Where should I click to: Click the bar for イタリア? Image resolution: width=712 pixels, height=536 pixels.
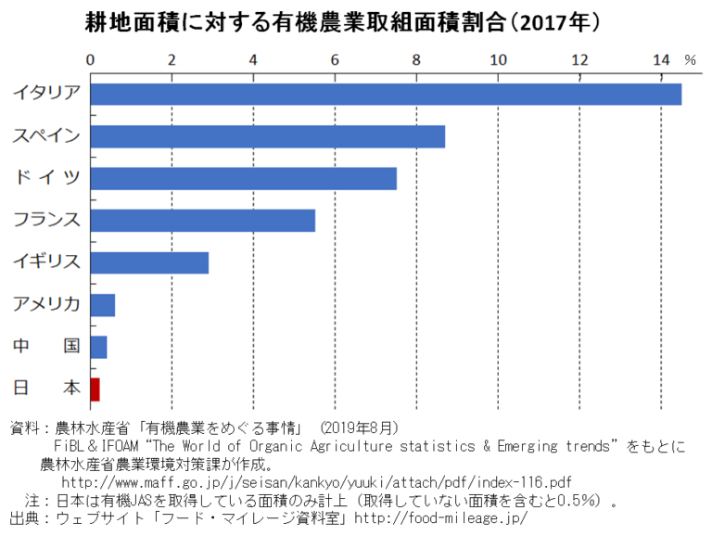pos(386,94)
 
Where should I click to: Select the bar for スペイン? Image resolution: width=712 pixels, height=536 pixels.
pos(267,136)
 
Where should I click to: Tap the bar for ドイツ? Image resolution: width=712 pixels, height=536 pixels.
pos(243,178)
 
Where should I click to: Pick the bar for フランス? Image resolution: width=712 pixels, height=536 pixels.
pos(202,221)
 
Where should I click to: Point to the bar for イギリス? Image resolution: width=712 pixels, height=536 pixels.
pos(149,262)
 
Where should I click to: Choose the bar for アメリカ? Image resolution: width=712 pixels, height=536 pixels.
pos(103,305)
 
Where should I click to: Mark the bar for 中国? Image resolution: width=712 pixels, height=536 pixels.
pos(98,347)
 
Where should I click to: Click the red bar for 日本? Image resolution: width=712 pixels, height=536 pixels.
pos(95,389)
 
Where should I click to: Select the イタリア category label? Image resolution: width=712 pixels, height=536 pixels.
pos(46,93)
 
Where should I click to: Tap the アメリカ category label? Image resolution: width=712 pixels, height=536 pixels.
pos(46,304)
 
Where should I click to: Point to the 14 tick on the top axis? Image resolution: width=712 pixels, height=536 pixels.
pos(661,59)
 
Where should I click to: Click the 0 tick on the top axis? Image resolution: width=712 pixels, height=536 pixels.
pos(90,59)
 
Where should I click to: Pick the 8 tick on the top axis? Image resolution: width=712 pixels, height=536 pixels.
pos(416,59)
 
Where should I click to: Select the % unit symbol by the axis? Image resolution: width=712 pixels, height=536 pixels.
pos(690,59)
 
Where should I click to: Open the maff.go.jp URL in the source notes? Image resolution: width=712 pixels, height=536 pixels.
pos(315,483)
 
